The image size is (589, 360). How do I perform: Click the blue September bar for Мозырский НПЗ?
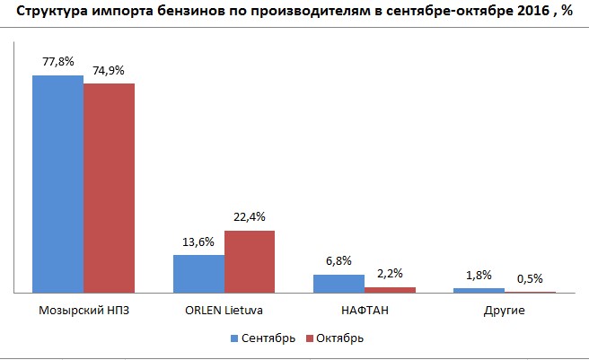(57, 184)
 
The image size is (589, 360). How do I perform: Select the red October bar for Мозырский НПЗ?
(109, 189)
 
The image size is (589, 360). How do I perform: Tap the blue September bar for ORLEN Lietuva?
(198, 274)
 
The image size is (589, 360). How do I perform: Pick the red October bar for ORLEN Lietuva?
(250, 261)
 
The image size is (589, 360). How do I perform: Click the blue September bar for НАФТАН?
(338, 284)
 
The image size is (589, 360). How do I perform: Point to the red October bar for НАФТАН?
(390, 290)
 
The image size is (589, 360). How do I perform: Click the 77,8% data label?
(57, 62)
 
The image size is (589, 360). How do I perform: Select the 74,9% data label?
(109, 70)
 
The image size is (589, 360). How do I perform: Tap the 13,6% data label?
(198, 241)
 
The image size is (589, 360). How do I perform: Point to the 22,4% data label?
(250, 216)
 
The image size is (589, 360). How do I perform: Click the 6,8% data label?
(338, 261)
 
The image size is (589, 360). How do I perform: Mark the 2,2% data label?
(390, 274)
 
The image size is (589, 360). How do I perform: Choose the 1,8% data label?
(479, 276)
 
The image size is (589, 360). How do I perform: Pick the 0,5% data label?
(531, 278)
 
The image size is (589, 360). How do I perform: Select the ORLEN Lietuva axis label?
(224, 311)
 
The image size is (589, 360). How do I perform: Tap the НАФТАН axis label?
(364, 311)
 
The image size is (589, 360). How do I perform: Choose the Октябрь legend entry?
(335, 338)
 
